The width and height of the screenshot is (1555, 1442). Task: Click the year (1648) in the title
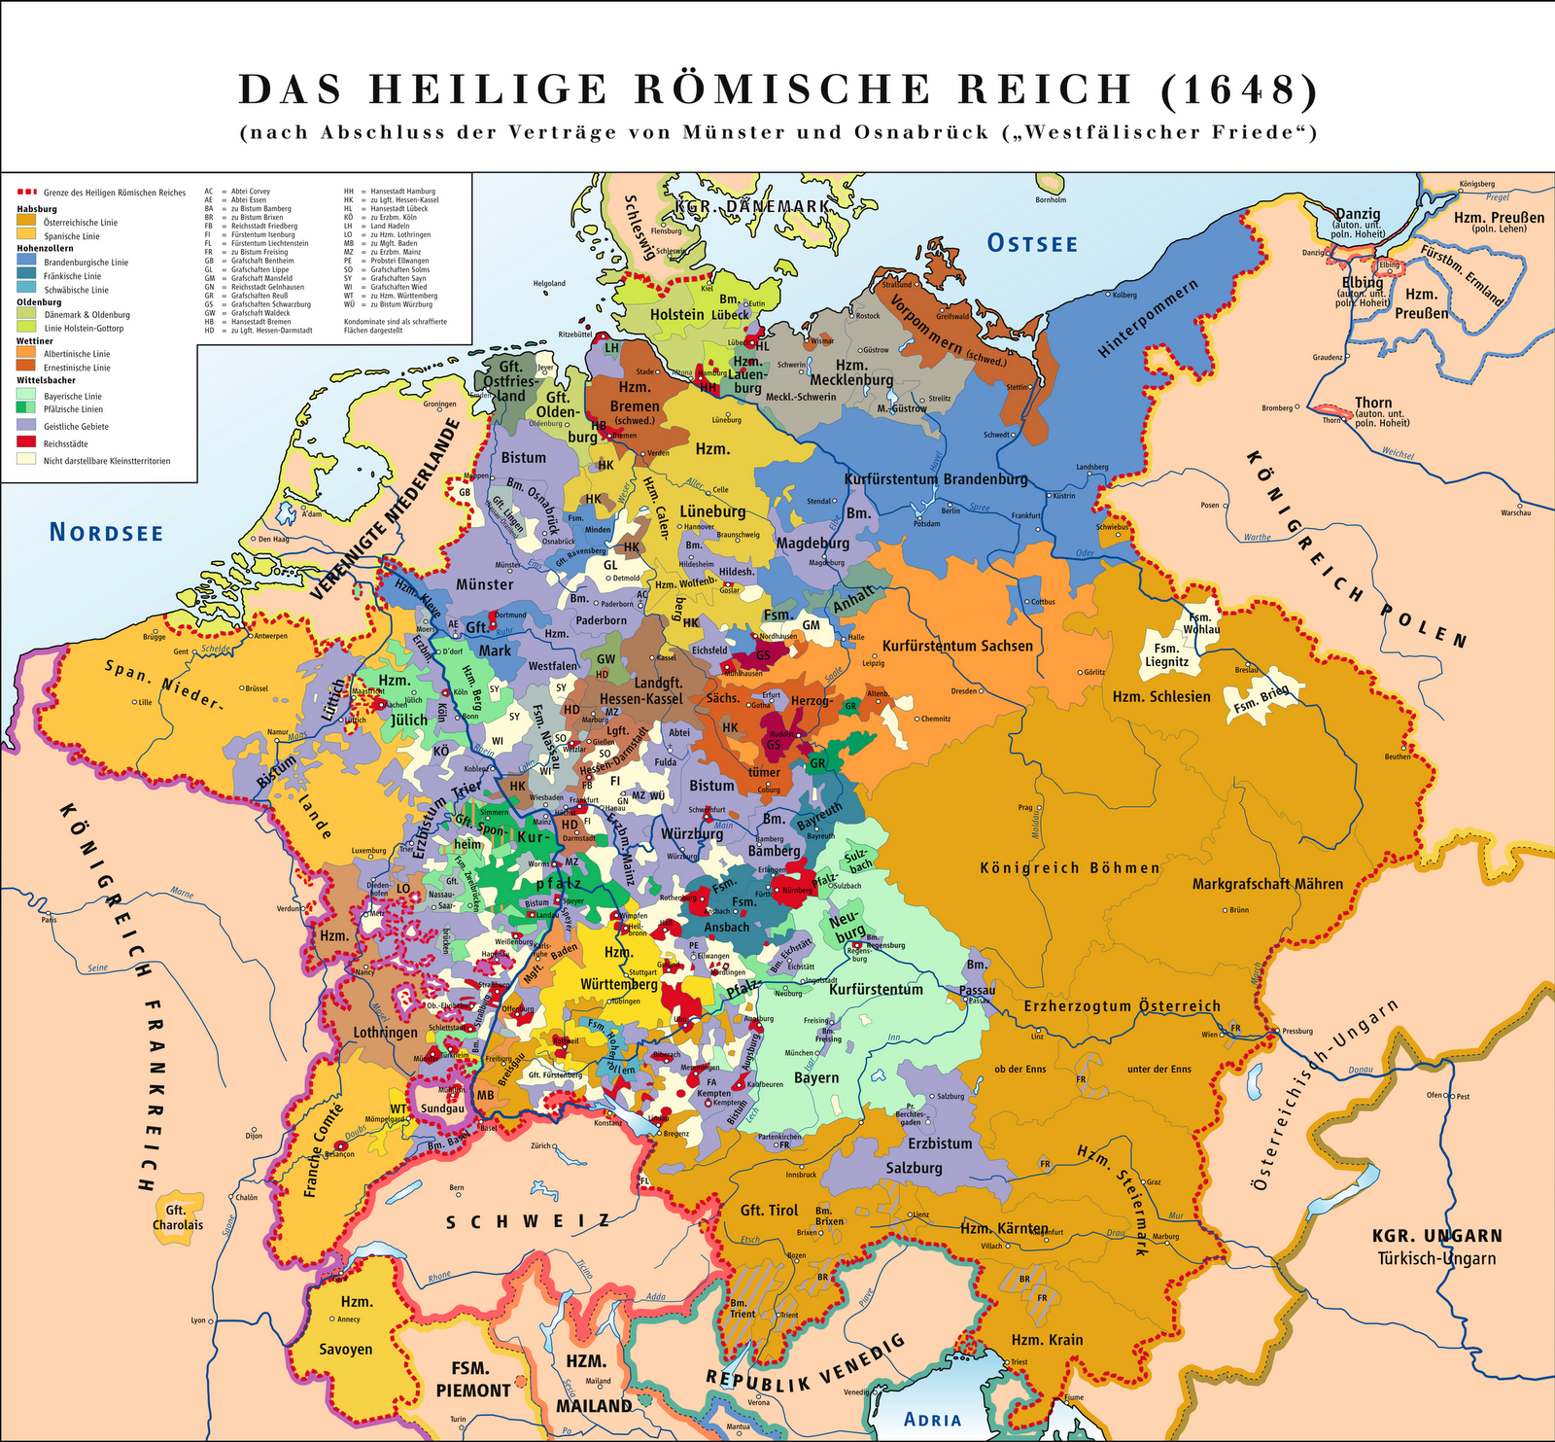[x=1238, y=89]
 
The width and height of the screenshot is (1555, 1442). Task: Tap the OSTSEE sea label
[x=1032, y=243]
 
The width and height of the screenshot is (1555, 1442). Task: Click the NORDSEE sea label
[x=106, y=532]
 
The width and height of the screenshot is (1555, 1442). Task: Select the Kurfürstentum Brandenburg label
[x=935, y=479]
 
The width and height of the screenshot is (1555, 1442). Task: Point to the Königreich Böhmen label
[x=1069, y=867]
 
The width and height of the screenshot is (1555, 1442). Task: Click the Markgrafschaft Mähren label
[x=1267, y=884]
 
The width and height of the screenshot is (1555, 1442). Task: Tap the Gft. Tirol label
[x=769, y=1210]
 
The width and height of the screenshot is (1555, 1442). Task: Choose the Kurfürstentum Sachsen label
[x=957, y=646]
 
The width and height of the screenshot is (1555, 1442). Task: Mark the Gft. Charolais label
[x=178, y=1217]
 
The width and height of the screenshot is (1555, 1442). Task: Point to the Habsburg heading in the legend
[x=37, y=209]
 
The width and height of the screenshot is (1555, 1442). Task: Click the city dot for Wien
[x=1222, y=1035]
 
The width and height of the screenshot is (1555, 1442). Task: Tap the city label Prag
[x=1024, y=808]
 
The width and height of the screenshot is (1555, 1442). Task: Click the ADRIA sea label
[x=932, y=1420]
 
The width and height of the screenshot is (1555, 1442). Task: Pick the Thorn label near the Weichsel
[x=1373, y=403]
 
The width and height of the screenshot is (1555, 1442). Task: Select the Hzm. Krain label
[x=1047, y=1339]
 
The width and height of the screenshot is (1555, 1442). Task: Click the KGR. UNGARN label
[x=1436, y=1237]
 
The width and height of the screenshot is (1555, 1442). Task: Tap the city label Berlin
[x=950, y=510]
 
